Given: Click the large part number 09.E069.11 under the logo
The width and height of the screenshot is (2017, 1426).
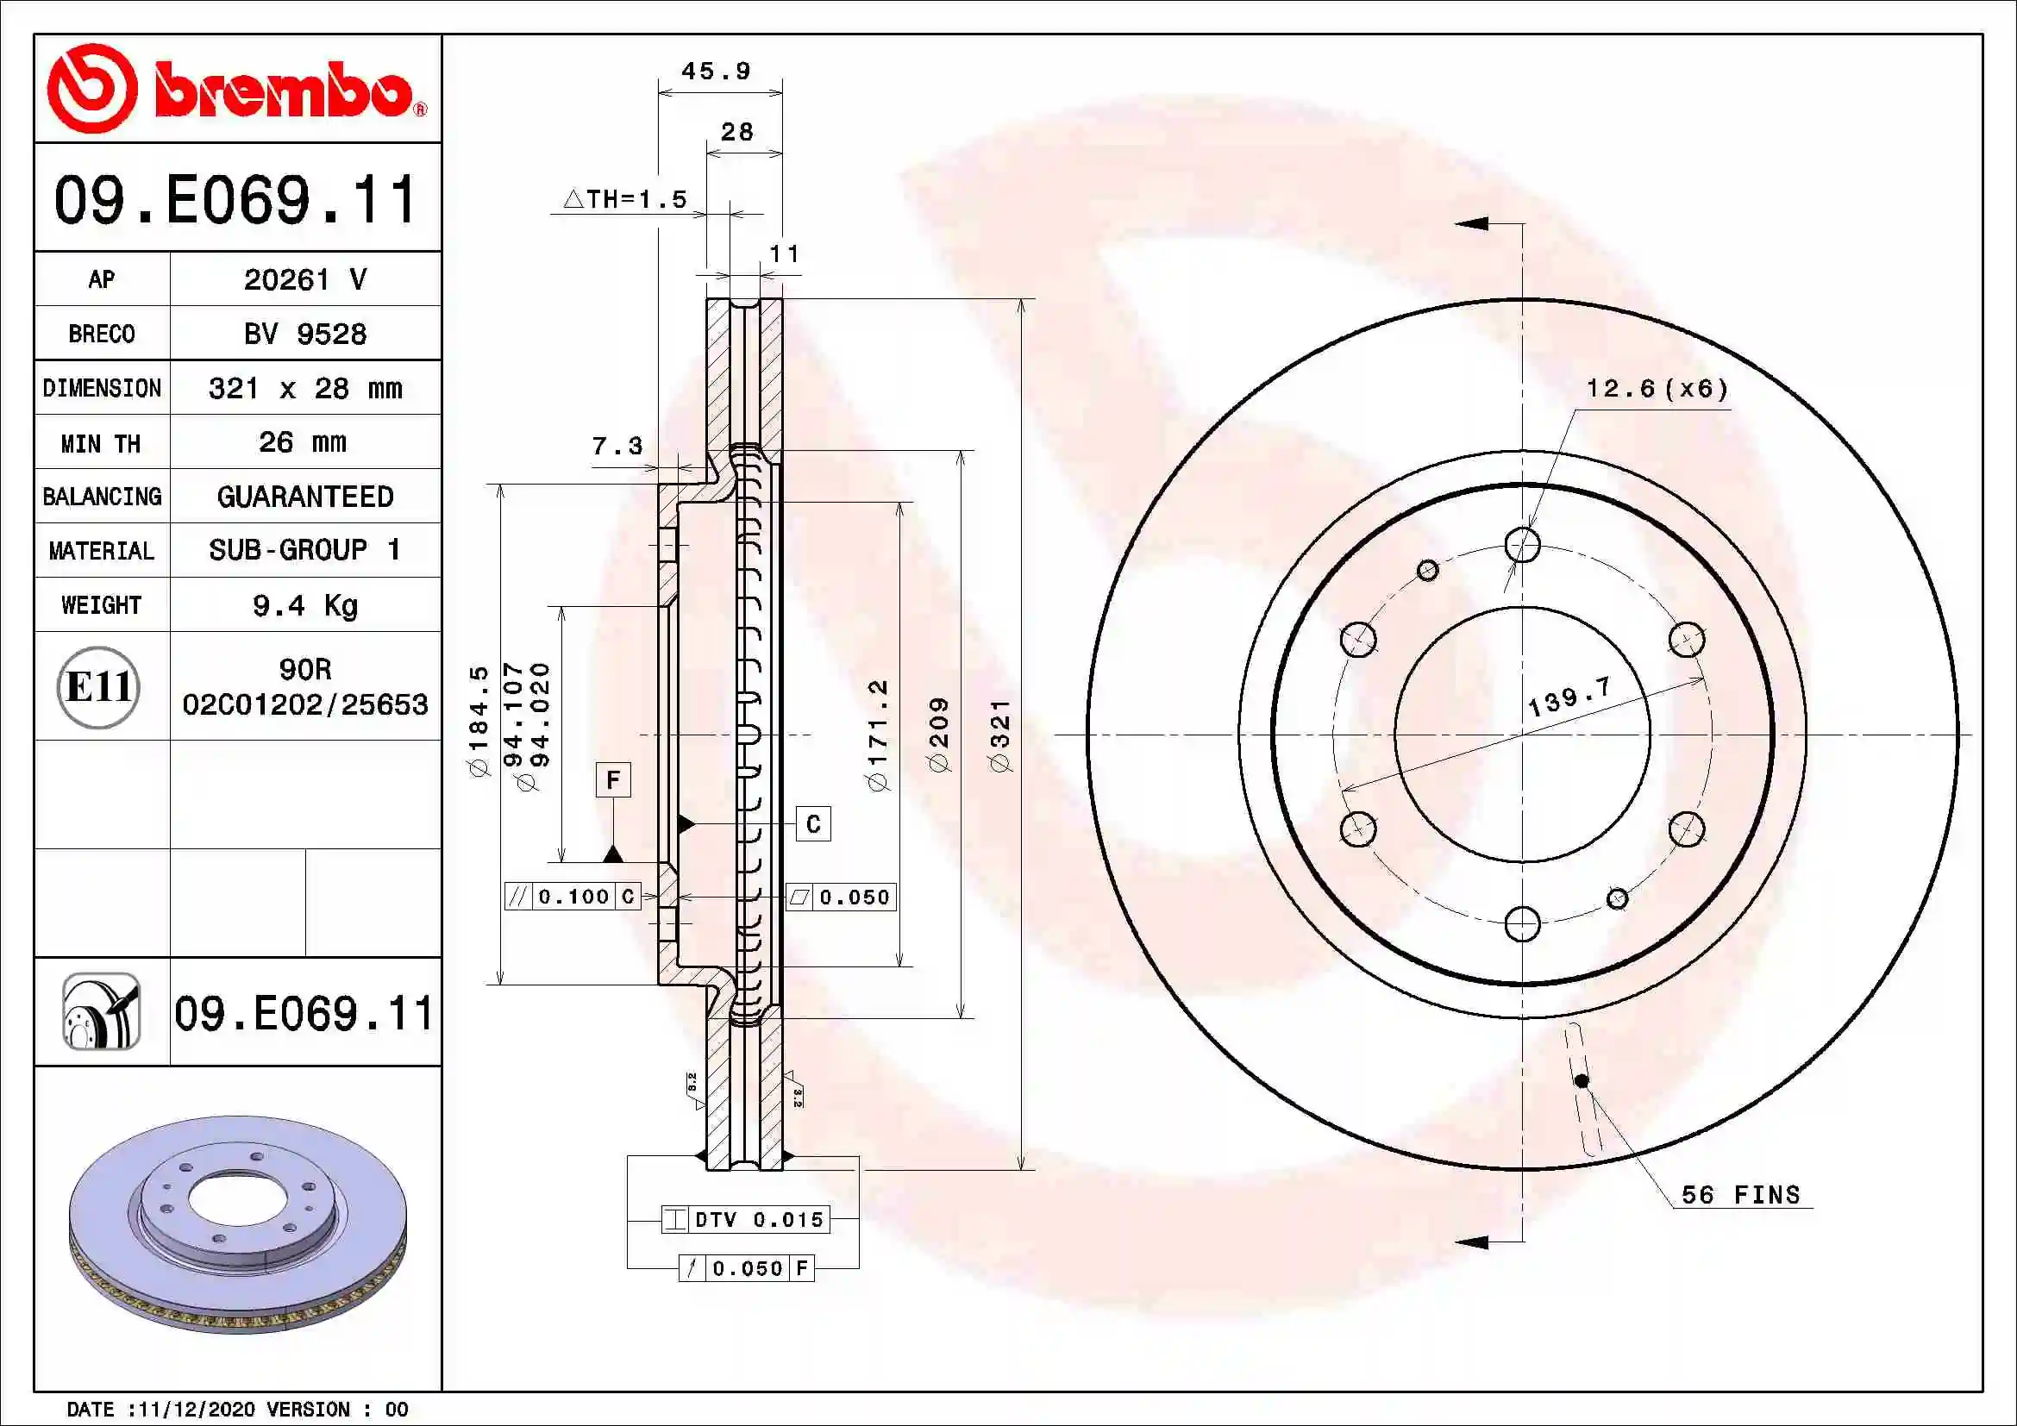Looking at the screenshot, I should tap(235, 200).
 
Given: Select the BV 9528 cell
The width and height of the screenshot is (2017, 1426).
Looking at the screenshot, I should tap(304, 335).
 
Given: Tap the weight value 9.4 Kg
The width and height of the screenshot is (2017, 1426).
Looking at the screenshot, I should tap(304, 606).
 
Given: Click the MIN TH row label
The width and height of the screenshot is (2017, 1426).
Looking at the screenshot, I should tap(101, 443).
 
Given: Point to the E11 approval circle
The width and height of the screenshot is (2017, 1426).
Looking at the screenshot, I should tap(98, 687).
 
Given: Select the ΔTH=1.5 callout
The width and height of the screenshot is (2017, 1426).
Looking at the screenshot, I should tap(625, 200).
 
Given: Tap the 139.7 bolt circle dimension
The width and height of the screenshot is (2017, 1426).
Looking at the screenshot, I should tap(1569, 698).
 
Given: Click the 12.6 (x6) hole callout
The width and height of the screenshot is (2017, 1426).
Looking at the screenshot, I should tap(1657, 389).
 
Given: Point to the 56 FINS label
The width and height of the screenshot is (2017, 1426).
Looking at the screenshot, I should tap(1740, 1195).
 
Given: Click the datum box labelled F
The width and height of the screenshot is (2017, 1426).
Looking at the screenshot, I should tap(613, 779).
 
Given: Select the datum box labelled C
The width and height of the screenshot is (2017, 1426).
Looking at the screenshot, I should tap(813, 824).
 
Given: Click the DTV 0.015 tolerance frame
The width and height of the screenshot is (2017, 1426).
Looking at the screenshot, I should tap(746, 1220).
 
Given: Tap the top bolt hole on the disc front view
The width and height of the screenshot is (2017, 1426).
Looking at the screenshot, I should tap(1522, 544).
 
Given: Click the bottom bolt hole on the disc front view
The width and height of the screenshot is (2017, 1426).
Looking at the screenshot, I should tap(1522, 923).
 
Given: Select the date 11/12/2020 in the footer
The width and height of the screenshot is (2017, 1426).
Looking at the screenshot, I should tap(197, 1410).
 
